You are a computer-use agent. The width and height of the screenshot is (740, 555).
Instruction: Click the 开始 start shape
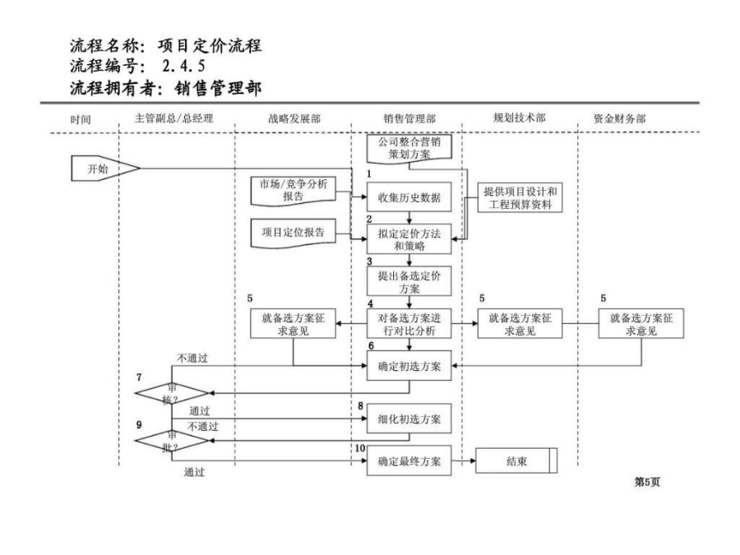point(104,168)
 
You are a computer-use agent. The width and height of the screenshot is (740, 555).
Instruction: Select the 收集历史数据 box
point(409,197)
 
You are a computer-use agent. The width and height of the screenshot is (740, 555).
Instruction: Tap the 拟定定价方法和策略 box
point(409,239)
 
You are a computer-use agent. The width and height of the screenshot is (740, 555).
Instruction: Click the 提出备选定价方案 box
point(409,282)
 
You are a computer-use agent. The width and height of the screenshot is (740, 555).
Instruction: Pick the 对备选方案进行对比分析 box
point(409,324)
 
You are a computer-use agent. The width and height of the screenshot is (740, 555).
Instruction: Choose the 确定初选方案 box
point(409,366)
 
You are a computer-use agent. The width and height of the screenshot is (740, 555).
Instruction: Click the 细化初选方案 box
point(409,419)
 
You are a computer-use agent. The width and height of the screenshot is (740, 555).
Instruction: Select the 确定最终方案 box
point(409,460)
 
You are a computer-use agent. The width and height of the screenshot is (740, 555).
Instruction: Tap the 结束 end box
point(516,460)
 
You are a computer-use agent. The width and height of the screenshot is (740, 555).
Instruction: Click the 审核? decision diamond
point(172,393)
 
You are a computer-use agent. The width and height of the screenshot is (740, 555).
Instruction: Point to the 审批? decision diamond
point(172,441)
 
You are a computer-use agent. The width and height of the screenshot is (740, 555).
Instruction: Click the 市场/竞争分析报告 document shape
point(293,191)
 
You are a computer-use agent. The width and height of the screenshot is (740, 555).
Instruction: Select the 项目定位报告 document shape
point(293,233)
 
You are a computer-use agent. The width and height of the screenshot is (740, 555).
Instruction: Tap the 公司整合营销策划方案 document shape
point(409,148)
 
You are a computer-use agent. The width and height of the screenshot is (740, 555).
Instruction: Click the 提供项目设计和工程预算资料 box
point(520,197)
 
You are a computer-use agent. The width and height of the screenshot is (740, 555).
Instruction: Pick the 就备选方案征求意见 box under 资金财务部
point(641,324)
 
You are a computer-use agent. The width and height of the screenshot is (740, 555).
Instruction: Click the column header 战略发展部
point(294,118)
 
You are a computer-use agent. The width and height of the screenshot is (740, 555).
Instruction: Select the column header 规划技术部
point(520,118)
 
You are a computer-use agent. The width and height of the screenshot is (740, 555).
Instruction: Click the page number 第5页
point(647,482)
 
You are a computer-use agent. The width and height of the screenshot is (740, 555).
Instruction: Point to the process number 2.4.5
point(183,66)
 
